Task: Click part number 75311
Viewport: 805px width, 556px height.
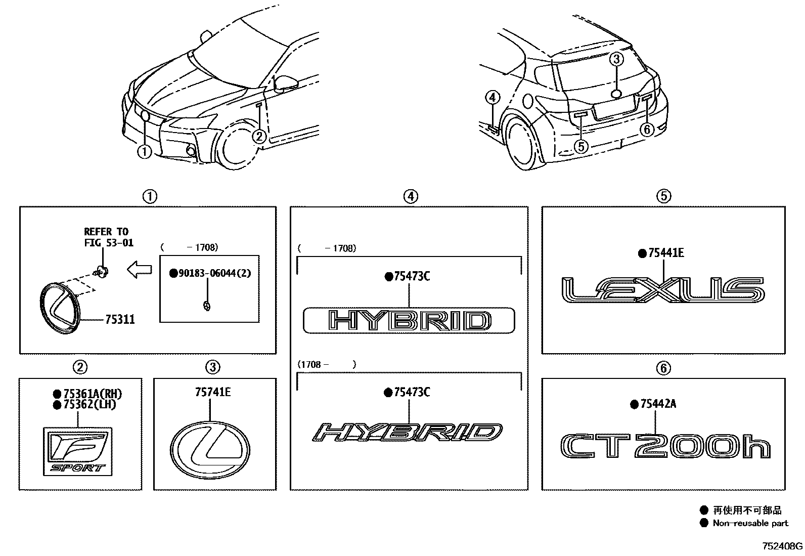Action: (120, 320)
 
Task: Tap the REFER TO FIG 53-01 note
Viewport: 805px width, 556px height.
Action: (108, 237)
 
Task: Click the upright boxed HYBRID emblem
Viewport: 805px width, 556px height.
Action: (409, 321)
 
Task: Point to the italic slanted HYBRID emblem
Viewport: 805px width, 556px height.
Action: (408, 433)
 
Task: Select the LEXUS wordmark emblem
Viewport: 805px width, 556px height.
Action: (662, 290)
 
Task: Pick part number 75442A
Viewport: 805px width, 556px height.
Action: (657, 404)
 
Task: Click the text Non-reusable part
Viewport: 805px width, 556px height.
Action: (750, 523)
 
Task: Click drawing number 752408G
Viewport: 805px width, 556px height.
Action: (782, 546)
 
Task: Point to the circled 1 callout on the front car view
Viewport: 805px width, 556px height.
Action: (145, 151)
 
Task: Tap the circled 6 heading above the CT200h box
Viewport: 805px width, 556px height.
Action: (663, 368)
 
